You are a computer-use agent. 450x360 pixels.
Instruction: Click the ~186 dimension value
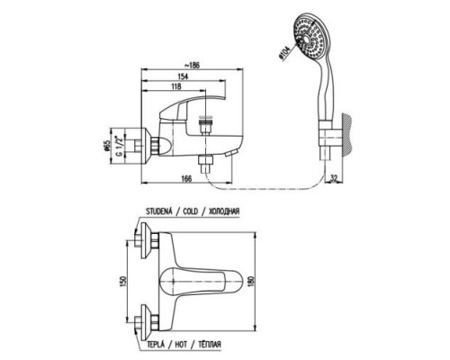192,65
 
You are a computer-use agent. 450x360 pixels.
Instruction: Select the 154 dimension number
182,76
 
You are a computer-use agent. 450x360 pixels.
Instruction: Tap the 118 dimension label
175,86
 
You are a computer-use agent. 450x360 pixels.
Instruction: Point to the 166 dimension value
186,178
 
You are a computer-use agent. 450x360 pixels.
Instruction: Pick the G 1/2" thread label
120,146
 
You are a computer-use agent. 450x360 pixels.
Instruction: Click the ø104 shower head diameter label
283,53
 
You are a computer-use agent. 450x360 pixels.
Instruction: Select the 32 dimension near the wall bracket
334,178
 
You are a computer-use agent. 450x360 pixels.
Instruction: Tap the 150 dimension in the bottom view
123,282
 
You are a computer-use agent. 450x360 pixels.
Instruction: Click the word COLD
191,211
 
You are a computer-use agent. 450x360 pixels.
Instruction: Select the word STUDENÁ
159,211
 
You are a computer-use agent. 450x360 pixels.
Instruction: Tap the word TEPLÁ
156,344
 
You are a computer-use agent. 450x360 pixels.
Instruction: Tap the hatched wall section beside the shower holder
347,133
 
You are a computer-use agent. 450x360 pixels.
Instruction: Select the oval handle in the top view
201,281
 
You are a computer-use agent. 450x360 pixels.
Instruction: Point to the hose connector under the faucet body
205,164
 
